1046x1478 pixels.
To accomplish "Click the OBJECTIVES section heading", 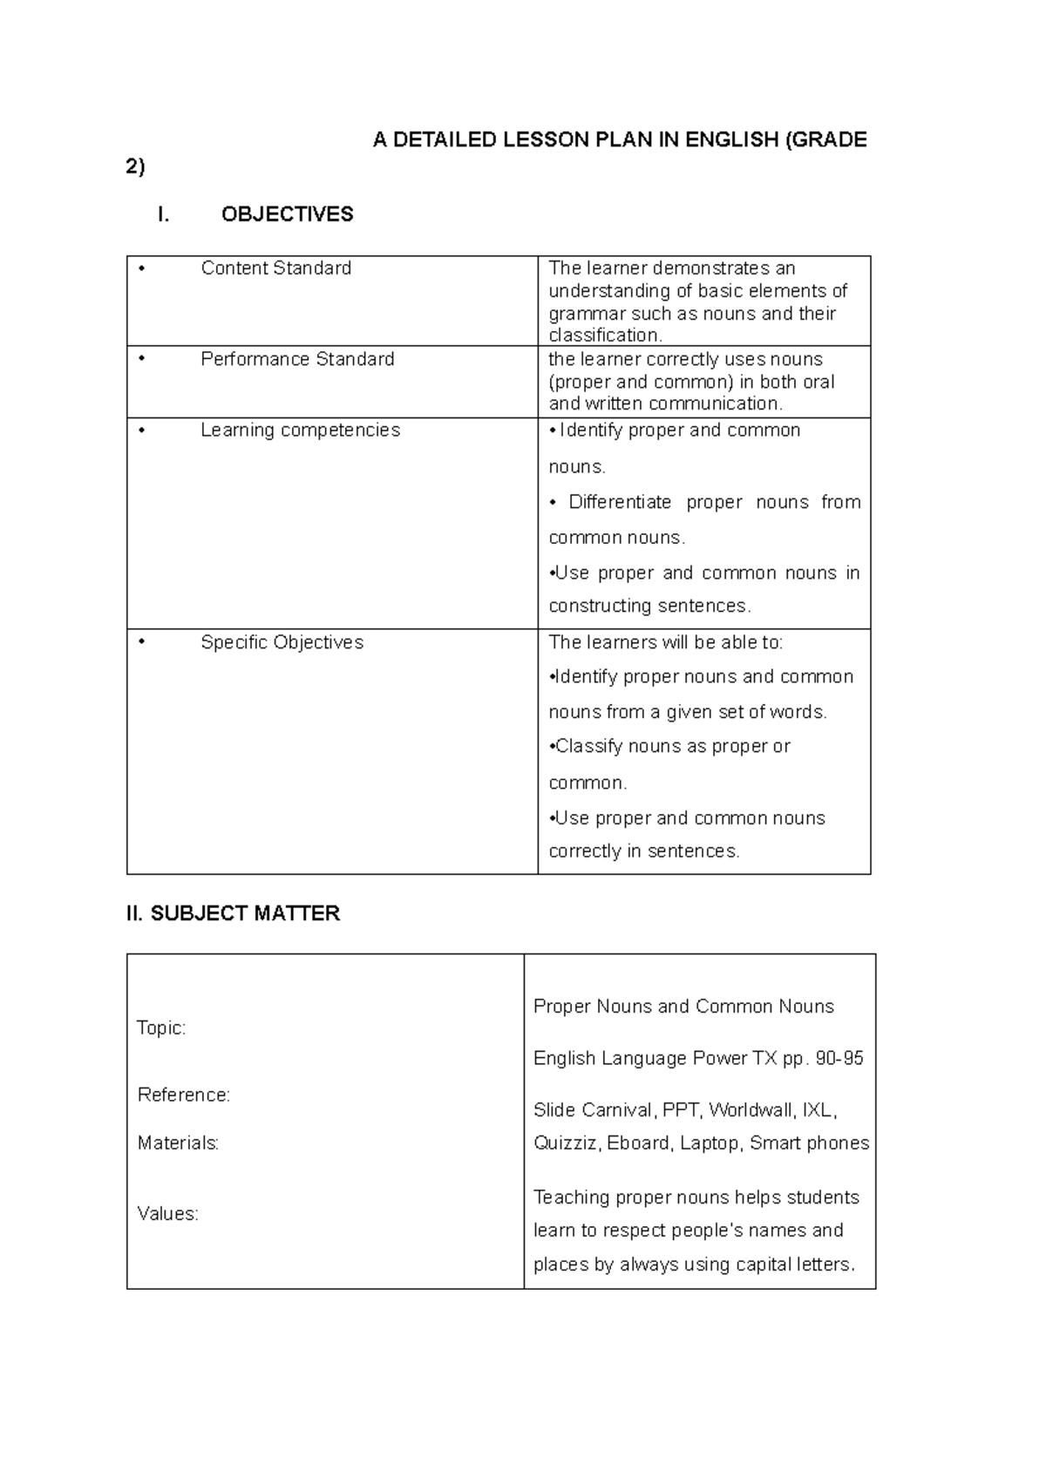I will click(x=287, y=214).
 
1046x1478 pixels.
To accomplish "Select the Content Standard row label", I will click(x=275, y=268).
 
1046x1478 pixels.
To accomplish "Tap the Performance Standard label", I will click(x=297, y=359).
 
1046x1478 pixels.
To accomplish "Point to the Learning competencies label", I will click(x=300, y=430).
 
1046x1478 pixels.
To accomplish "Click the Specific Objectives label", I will click(x=282, y=642).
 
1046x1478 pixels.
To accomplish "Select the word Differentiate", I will click(x=620, y=502).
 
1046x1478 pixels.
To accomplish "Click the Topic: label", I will click(x=161, y=1028).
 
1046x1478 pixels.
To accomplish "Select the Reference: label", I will click(x=183, y=1095).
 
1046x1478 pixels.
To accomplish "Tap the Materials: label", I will click(x=178, y=1142).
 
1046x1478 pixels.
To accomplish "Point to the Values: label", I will click(x=167, y=1213).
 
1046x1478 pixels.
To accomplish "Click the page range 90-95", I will click(x=839, y=1058).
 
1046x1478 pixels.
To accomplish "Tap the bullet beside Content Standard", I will click(x=141, y=268).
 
